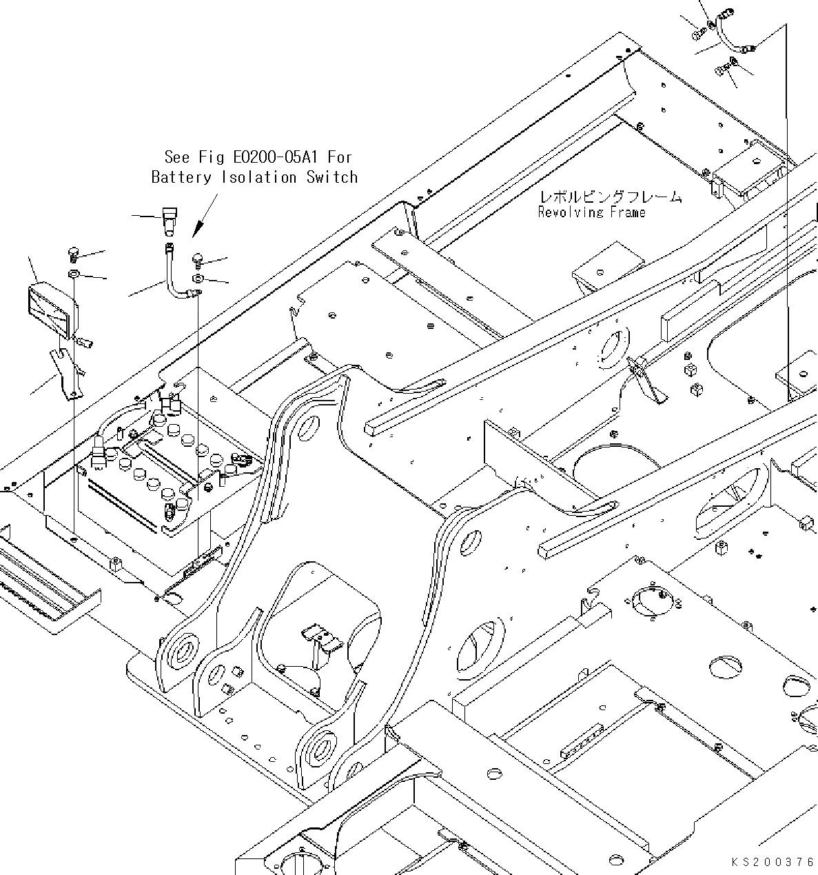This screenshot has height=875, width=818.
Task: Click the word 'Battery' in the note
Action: click(x=181, y=177)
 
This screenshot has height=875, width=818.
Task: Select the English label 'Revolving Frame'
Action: click(x=591, y=212)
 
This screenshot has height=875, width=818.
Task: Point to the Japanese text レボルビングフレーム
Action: click(x=610, y=197)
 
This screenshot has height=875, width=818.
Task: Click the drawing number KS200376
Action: click(x=773, y=862)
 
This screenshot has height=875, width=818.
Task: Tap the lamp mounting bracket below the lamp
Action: click(x=65, y=372)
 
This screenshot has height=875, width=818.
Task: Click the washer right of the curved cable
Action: click(x=198, y=278)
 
